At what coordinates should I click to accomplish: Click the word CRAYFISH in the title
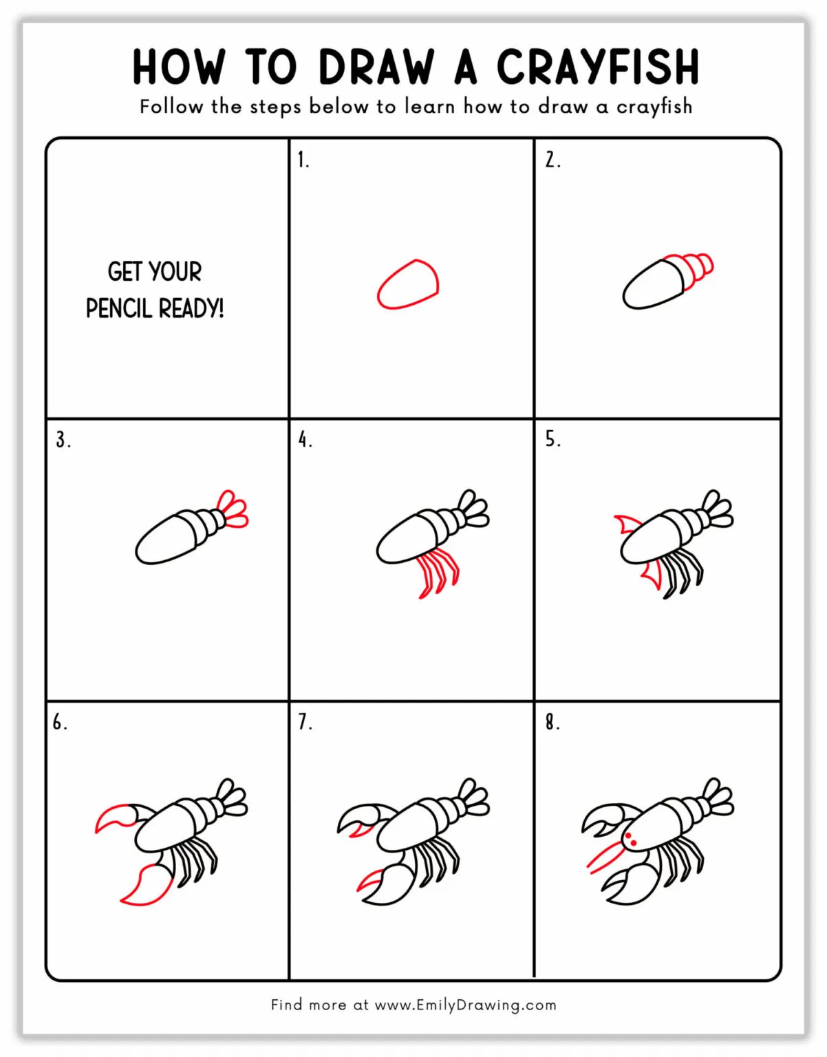point(597,67)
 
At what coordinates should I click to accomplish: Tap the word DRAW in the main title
point(376,67)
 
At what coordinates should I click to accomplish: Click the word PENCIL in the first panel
point(118,308)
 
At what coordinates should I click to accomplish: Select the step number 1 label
point(303,160)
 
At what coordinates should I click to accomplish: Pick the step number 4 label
point(305,439)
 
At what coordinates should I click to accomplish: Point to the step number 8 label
point(552,722)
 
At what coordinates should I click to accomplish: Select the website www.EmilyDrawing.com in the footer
point(465,1005)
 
